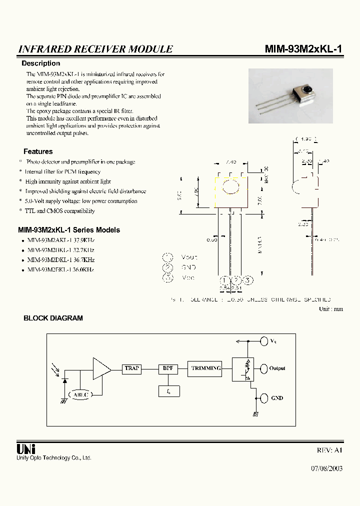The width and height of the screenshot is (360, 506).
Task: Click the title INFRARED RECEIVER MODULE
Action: pos(95,49)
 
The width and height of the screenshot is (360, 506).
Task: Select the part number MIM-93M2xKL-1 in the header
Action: pos(303,49)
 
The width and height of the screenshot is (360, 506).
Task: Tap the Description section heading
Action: pos(40,63)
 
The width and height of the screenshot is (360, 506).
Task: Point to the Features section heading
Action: pos(38,151)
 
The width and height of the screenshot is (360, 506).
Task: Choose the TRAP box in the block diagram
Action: pos(132,368)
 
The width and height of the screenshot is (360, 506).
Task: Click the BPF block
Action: pos(167,368)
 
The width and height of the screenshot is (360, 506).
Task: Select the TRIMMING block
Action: pos(205,368)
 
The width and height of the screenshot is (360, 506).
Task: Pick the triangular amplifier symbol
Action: pos(101,368)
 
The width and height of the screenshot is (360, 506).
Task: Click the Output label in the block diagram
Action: pos(277,368)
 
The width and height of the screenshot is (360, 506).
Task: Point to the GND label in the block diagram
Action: pos(276,398)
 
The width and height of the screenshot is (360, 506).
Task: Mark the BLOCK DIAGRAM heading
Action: pos(53,318)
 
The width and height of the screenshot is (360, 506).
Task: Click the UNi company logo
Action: pos(26,448)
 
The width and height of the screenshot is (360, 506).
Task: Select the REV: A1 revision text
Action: pos(330,450)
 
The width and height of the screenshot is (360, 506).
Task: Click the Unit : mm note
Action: pos(331,309)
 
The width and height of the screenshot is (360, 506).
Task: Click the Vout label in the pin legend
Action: pos(189,257)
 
